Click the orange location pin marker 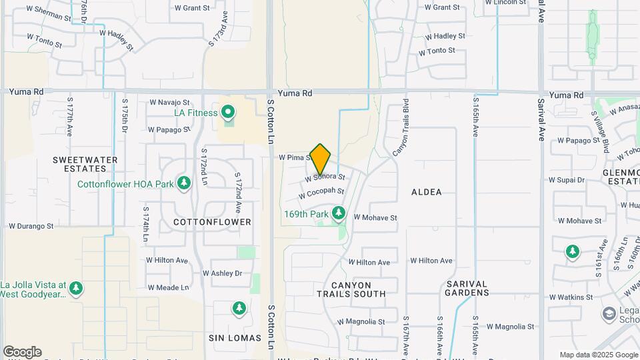click(320, 159)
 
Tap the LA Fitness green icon click(228, 112)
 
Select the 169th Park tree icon click(339, 213)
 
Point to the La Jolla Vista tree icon click(77, 287)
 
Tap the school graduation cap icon click(609, 313)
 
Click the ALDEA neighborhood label click(427, 192)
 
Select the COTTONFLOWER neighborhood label click(213, 221)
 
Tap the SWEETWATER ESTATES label click(85, 164)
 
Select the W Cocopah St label click(321, 193)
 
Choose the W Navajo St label click(169, 103)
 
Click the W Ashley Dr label click(222, 273)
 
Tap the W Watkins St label click(571, 297)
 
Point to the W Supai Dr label click(567, 180)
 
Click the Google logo click(22, 352)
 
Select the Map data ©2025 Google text click(598, 355)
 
